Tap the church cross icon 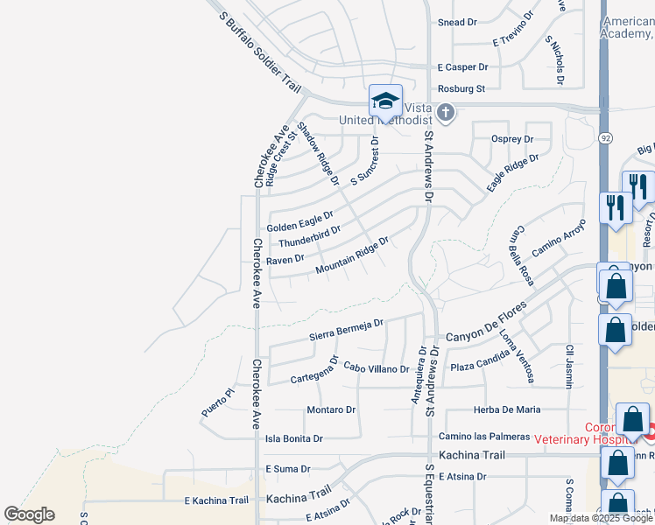pyautogui.click(x=446, y=112)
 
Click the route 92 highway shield pyautogui.click(x=605, y=137)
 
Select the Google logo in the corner pyautogui.click(x=29, y=514)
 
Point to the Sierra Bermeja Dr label pyautogui.click(x=347, y=329)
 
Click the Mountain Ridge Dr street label pyautogui.click(x=352, y=254)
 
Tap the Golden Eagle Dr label pyautogui.click(x=300, y=220)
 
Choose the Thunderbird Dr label pyautogui.click(x=309, y=236)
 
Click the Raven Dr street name pyautogui.click(x=285, y=259)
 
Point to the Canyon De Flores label pyautogui.click(x=486, y=323)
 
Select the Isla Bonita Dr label pyautogui.click(x=294, y=438)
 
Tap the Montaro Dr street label pyautogui.click(x=331, y=409)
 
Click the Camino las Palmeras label pyautogui.click(x=484, y=437)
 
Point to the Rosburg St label pyautogui.click(x=461, y=89)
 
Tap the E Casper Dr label pyautogui.click(x=462, y=66)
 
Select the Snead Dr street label pyautogui.click(x=457, y=22)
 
